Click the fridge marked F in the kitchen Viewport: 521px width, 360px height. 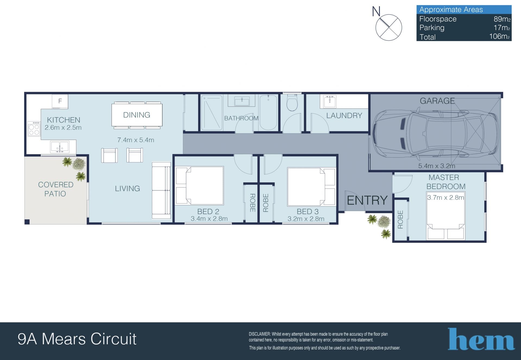tap(60, 101)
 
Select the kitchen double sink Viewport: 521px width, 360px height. tap(60, 147)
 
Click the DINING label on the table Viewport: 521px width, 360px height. tap(137, 115)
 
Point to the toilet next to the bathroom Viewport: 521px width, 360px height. tap(292, 103)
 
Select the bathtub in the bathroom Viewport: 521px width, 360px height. tap(268, 113)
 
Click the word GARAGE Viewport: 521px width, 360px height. tap(437, 101)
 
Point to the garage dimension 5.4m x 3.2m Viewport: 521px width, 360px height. tap(437, 166)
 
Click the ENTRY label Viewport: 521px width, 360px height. tap(367, 200)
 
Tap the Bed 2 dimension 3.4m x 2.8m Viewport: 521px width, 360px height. tap(209, 219)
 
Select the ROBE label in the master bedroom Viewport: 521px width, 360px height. tap(401, 219)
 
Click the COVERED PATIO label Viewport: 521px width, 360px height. tap(56, 189)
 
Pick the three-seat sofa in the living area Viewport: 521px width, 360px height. tap(161, 190)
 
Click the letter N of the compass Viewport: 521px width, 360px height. tap(376, 12)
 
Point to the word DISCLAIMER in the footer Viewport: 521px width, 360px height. tap(260, 334)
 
